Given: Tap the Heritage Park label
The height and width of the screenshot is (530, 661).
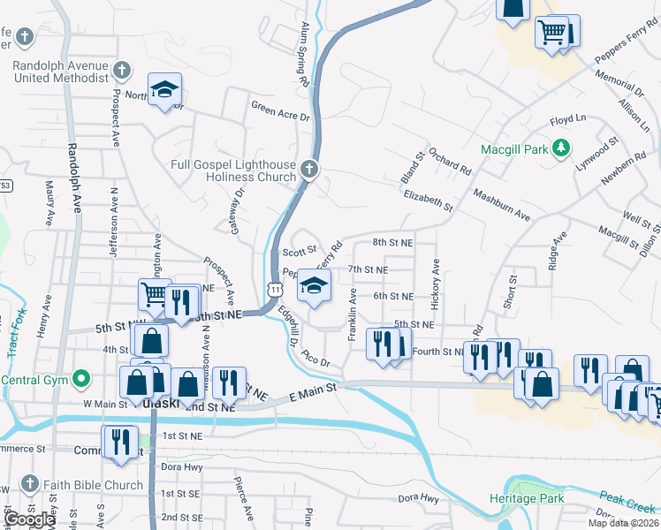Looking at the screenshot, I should coord(527,499).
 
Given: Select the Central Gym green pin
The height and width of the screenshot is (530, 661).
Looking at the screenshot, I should coord(81,381).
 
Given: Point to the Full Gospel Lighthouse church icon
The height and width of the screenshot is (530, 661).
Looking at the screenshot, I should coord(308,169).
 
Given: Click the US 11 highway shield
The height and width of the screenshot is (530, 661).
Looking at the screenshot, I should coord(276,290).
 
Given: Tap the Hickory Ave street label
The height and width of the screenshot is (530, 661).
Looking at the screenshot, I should coord(436,284).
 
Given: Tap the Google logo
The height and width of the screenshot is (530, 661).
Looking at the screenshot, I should coord(29,519).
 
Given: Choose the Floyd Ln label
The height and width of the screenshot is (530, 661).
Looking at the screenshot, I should coord(568,119).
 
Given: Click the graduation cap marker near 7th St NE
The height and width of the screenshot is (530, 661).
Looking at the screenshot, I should coord(314,284).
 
